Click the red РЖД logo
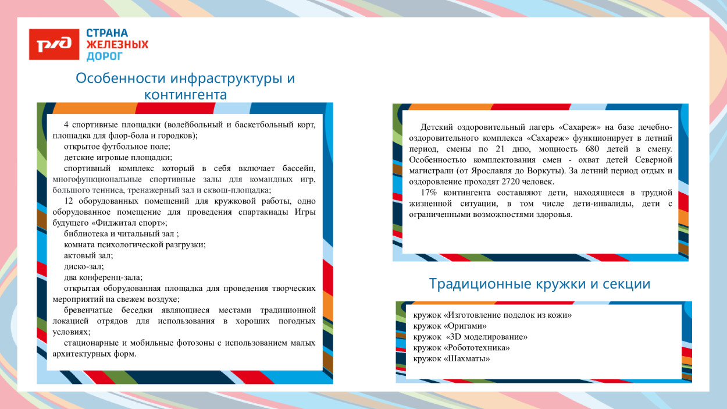click(x=54, y=45)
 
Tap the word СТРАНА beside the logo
click(x=107, y=33)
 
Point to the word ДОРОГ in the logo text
click(x=105, y=56)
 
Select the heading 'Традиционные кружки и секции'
click(x=539, y=284)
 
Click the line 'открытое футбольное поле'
click(x=117, y=147)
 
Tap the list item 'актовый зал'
click(x=88, y=255)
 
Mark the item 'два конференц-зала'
click(x=103, y=277)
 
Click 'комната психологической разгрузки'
click(x=134, y=244)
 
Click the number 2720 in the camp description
click(x=509, y=182)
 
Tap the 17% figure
click(x=429, y=193)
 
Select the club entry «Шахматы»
click(x=451, y=358)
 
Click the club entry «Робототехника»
click(x=461, y=347)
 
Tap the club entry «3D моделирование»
click(x=471, y=337)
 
